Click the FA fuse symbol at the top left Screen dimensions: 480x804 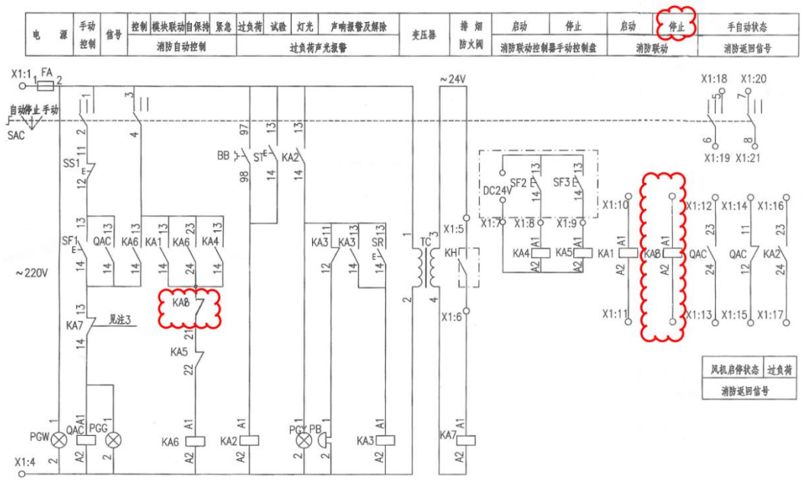[x=45, y=87]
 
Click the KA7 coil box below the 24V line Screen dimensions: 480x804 [x=466, y=439]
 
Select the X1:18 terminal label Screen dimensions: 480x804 [x=713, y=78]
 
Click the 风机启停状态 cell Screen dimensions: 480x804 [x=731, y=370]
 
